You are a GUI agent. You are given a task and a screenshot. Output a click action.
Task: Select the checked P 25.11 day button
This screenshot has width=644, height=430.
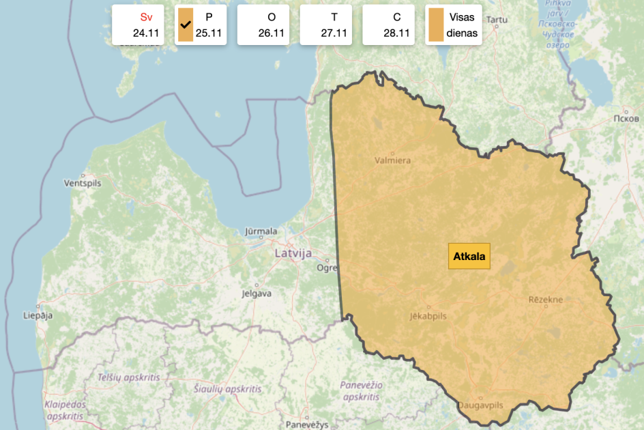[x=201, y=25]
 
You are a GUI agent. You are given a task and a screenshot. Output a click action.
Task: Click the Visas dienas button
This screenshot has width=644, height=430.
[x=454, y=25]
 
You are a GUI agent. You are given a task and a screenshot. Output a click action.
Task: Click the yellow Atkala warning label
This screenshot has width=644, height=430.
[x=469, y=257]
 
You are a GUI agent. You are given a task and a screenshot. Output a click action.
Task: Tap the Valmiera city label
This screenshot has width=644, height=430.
[x=392, y=160]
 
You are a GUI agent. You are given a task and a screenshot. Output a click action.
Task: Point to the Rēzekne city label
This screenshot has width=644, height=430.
[x=545, y=300]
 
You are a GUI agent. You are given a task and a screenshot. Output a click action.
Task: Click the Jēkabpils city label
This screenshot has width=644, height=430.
[x=428, y=316]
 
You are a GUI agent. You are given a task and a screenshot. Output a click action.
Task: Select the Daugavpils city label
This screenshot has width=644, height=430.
[x=480, y=405]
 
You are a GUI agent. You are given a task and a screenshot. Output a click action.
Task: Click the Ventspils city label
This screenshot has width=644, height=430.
[x=82, y=184]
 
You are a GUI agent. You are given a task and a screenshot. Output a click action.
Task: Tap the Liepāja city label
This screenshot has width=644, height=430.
[x=38, y=315]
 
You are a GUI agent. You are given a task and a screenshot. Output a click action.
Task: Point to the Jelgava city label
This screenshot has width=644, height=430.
[x=257, y=293]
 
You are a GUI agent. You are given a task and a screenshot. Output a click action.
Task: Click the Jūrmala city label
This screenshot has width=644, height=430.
[x=261, y=231]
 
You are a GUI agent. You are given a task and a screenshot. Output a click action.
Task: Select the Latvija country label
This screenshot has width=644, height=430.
[x=293, y=253]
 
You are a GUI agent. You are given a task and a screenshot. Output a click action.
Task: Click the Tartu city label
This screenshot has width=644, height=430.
[x=497, y=19]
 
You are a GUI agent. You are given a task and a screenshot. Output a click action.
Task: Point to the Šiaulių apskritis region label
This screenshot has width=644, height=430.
[x=227, y=388]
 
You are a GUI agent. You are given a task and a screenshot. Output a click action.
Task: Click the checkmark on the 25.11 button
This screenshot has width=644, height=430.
[x=184, y=25]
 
